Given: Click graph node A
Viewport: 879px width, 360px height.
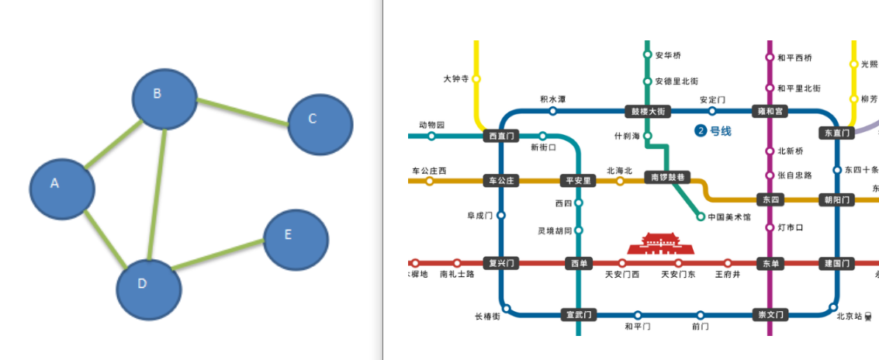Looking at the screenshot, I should coord(62,187).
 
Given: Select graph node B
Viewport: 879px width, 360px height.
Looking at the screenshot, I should coord(164,99).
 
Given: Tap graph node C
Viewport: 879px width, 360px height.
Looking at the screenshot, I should coord(320,123).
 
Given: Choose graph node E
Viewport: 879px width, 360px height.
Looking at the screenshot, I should coord(296,239).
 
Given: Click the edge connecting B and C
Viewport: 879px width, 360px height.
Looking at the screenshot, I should coord(242,112).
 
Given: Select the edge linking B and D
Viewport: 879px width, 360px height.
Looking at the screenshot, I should coord(157,194).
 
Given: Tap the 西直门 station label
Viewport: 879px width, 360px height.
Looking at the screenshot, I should coord(500,136).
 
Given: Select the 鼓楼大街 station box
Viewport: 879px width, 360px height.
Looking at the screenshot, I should coord(647,111).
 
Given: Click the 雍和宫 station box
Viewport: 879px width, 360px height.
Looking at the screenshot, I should coord(770,111).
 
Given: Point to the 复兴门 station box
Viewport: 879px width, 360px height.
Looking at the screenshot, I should coord(500,263).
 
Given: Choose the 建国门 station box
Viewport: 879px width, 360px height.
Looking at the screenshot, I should coord(837,263).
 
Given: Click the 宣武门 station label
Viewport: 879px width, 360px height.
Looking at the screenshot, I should coord(579,314).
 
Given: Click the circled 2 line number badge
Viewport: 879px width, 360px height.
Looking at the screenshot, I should coord(700,131).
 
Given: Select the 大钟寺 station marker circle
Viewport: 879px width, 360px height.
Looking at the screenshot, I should coord(476,78).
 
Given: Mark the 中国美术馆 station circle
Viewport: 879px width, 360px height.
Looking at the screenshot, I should coord(701,216).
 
